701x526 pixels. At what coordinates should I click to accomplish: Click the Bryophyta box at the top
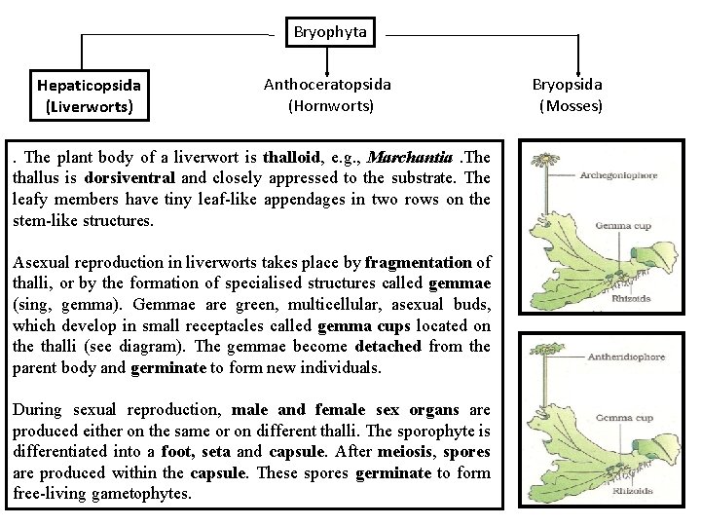(x=330, y=32)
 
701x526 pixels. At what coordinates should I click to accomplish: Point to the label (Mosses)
(x=571, y=105)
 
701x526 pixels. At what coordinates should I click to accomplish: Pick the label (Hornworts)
(x=331, y=105)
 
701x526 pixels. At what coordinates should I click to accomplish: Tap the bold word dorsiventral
(x=129, y=178)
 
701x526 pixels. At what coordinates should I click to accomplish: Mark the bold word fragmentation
(x=417, y=262)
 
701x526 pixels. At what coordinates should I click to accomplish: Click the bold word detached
(x=388, y=346)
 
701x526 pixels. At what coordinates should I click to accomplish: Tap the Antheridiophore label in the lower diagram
(x=626, y=357)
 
